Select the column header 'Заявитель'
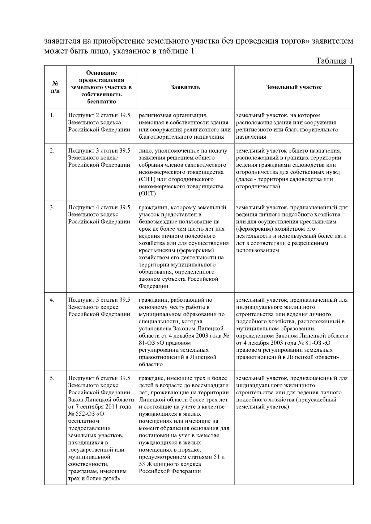185,87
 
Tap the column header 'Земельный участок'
294,87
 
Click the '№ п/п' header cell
55,87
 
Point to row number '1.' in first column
52,115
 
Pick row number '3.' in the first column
52,208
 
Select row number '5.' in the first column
52,378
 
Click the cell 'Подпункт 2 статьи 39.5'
99,115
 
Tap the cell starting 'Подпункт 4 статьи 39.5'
99,208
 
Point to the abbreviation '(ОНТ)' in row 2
147,194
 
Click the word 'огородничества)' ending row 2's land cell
258,187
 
